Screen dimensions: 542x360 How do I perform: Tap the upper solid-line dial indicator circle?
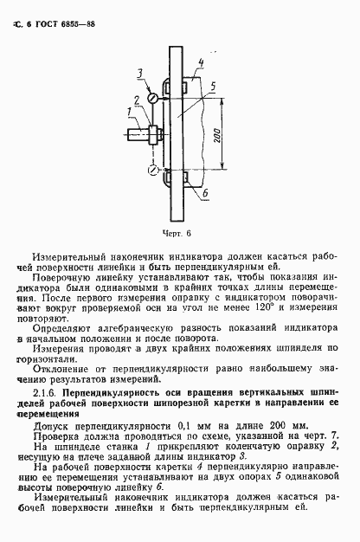[x=151, y=99]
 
